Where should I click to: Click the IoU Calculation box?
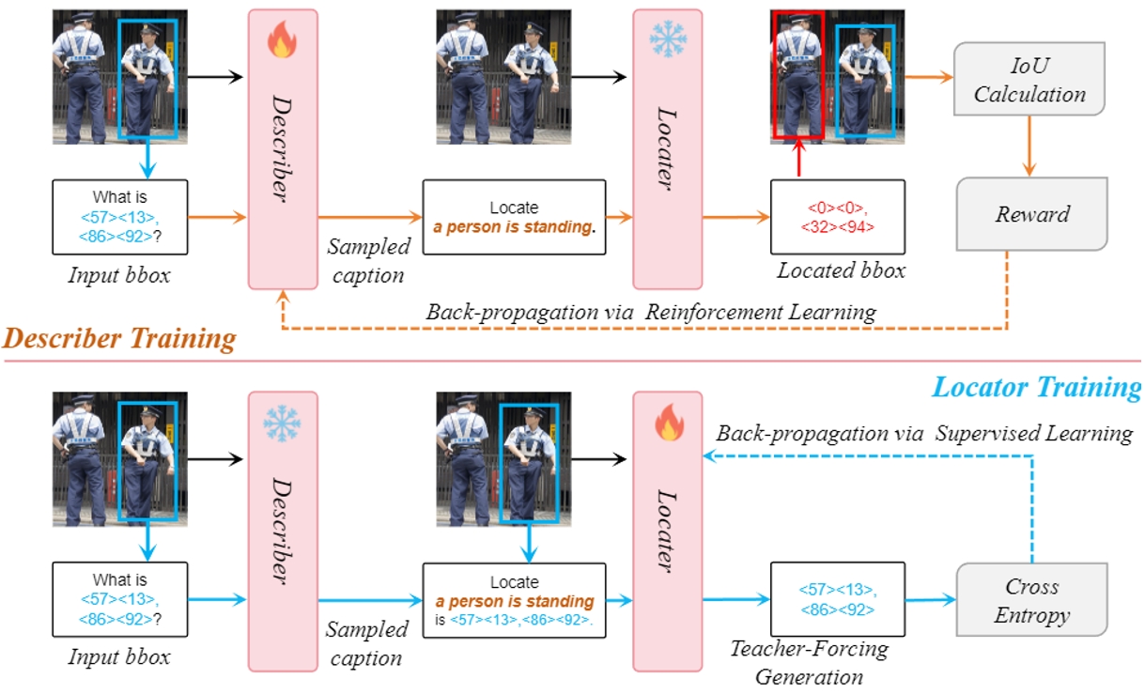click(x=1029, y=79)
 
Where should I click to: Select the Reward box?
click(x=1032, y=213)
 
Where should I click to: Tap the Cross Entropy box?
click(x=1032, y=599)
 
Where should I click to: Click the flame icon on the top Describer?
click(x=282, y=39)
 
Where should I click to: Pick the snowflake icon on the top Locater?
click(x=668, y=39)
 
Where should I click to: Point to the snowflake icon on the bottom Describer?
click(x=282, y=424)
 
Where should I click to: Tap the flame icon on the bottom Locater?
click(x=669, y=422)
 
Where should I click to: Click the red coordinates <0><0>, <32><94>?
click(x=837, y=217)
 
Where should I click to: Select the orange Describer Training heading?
click(x=119, y=338)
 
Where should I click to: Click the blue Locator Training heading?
click(x=1037, y=387)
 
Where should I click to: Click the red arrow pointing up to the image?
click(x=799, y=158)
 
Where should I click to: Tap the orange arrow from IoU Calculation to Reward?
click(x=1029, y=147)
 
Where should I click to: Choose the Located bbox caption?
click(x=842, y=270)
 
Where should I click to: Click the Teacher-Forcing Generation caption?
click(x=810, y=662)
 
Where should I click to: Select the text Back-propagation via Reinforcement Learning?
click(x=651, y=312)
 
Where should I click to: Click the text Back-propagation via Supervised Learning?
click(x=924, y=433)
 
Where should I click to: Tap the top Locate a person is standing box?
click(x=514, y=217)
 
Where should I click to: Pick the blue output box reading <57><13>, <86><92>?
click(x=838, y=599)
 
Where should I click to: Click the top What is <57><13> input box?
click(x=120, y=217)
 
